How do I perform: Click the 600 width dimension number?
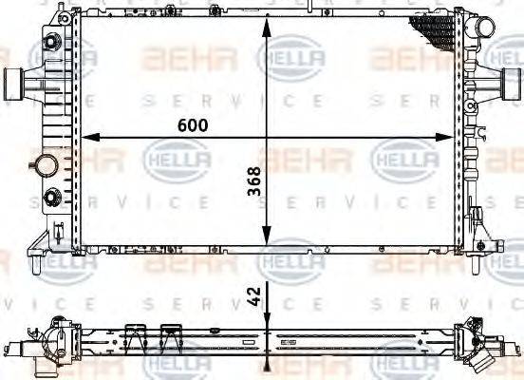pyautogui.click(x=188, y=124)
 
